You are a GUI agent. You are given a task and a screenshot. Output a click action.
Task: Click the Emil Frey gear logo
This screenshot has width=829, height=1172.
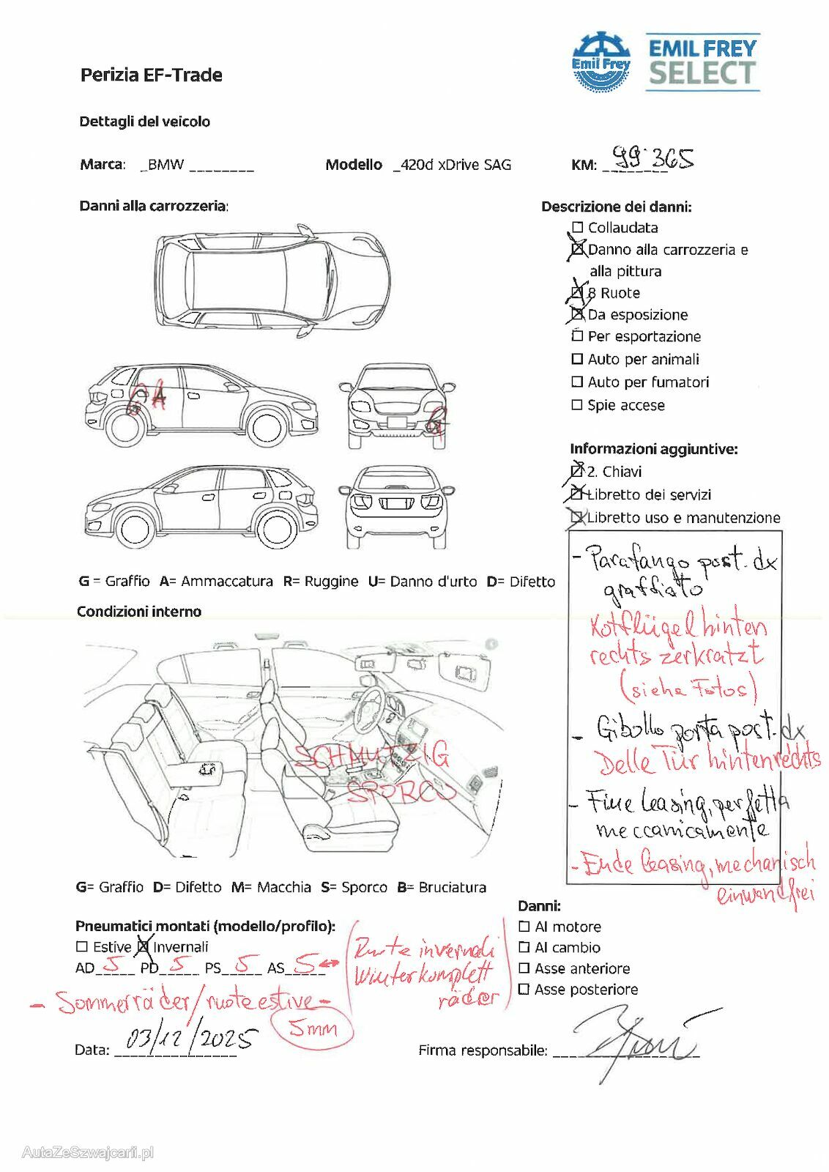point(601,62)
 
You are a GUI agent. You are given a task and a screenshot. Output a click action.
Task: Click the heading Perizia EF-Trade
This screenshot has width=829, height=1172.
point(152,75)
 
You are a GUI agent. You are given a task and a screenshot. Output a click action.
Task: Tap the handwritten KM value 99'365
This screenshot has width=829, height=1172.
point(653,157)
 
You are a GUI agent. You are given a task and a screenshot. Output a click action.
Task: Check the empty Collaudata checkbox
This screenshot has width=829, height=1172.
point(577,228)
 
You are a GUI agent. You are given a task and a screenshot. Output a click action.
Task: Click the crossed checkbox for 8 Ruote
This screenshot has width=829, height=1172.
point(577,293)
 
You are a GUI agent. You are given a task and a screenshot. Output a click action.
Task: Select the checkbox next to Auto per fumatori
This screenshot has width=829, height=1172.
point(577,382)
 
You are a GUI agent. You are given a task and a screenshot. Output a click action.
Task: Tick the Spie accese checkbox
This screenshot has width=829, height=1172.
point(577,404)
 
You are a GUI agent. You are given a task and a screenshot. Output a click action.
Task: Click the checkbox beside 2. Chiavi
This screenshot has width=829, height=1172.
point(576,471)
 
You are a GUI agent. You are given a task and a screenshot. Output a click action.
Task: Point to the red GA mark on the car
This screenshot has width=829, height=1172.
point(146,397)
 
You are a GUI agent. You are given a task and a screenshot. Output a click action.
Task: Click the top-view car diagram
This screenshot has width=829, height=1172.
point(272,279)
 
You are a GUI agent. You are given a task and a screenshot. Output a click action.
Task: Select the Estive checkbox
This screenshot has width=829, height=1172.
point(82,947)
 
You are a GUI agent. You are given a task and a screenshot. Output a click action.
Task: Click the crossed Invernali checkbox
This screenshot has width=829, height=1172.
point(144,946)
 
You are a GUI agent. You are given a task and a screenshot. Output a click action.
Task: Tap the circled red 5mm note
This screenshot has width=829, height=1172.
point(312,1028)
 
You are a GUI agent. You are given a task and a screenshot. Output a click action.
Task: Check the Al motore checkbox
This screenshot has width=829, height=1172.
point(524,927)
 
